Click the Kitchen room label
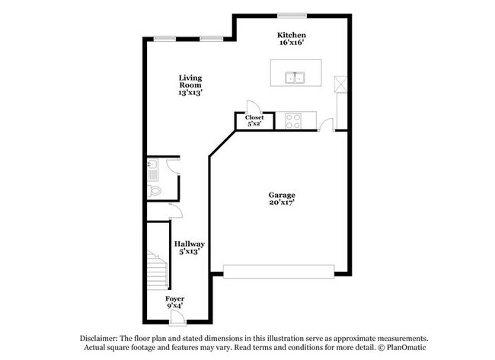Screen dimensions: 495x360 [292, 39]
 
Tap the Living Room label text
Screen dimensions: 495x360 [190, 85]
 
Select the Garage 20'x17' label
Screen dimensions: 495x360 [282, 199]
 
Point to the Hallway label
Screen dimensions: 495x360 [190, 247]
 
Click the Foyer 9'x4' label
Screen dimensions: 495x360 [175, 302]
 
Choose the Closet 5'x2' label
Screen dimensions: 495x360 [254, 120]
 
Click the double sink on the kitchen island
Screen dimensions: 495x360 [295, 78]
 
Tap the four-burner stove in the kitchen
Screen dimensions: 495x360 [293, 121]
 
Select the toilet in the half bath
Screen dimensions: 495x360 [155, 190]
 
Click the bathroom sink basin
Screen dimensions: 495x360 [152, 164]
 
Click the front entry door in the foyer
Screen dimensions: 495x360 [175, 317]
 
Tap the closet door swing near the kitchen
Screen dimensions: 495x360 [254, 107]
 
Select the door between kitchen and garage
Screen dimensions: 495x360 [326, 124]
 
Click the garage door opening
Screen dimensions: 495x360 [279, 272]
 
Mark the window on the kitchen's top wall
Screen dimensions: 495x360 [292, 15]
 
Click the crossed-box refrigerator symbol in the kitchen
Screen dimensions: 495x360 [341, 84]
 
